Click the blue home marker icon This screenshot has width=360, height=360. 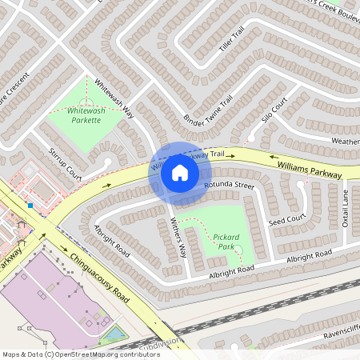click(x=179, y=173)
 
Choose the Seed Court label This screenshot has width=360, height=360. click(x=287, y=219)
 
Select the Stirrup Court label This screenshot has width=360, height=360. click(x=65, y=162)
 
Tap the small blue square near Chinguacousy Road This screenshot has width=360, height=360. click(x=30, y=206)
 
